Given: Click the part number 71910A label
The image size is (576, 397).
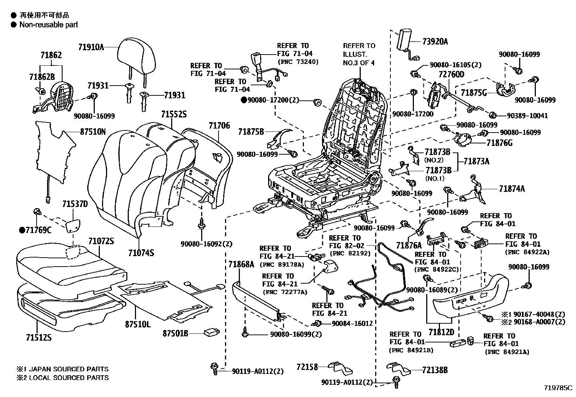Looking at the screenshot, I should [x=91, y=47].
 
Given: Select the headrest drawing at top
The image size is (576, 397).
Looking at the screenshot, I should [x=134, y=58].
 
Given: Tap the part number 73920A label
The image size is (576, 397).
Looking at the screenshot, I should [x=435, y=42].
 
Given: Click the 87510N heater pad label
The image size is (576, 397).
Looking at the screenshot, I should [x=93, y=132].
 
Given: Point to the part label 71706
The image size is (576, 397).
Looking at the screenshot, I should [x=219, y=125].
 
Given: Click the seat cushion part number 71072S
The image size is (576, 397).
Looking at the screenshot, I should [x=101, y=241].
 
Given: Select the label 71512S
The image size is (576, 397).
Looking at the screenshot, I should [x=38, y=337].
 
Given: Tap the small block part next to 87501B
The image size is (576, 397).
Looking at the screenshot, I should [x=211, y=332].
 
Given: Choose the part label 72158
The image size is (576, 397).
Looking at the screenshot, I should [x=307, y=367].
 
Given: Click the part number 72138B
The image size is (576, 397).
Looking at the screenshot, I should [x=435, y=370].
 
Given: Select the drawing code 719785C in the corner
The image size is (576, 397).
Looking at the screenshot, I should [x=558, y=388].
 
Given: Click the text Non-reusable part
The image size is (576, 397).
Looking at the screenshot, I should [x=48, y=25].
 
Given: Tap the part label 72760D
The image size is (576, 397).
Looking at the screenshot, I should [x=451, y=74].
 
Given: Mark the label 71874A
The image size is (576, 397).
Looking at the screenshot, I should [x=512, y=189].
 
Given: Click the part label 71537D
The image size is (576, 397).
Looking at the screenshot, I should [x=75, y=204].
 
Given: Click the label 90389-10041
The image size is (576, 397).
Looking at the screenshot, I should [x=527, y=116].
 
